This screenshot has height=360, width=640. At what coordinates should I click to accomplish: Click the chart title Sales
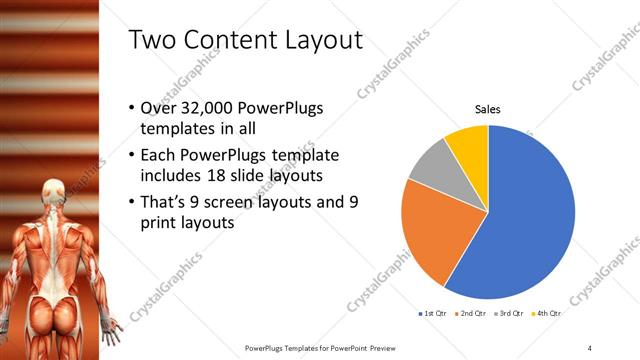487,109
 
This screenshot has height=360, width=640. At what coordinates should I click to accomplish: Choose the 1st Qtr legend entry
432,314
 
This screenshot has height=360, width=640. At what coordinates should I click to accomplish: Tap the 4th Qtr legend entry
547,314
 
